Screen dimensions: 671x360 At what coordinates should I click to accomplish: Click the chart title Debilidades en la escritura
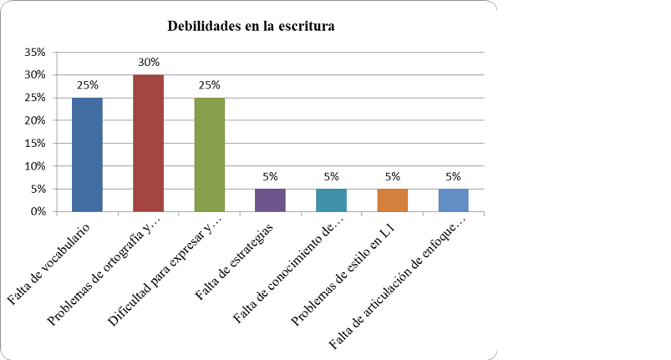pyautogui.click(x=251, y=26)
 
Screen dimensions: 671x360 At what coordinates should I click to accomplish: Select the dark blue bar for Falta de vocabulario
pyautogui.click(x=87, y=155)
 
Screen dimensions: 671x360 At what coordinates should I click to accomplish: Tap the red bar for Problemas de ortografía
pyautogui.click(x=149, y=143)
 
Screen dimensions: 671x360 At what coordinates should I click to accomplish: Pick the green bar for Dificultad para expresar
pyautogui.click(x=210, y=155)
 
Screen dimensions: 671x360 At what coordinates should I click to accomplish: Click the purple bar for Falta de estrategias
pyautogui.click(x=271, y=200)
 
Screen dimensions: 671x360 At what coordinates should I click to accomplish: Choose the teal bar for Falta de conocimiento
pyautogui.click(x=332, y=200)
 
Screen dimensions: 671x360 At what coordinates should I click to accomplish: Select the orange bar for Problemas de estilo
pyautogui.click(x=393, y=200)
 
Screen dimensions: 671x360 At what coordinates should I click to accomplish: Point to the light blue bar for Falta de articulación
pyautogui.click(x=454, y=200)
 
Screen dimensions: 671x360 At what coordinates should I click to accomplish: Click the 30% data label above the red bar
pyautogui.click(x=149, y=63)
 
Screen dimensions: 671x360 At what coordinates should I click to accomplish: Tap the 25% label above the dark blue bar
pyautogui.click(x=87, y=85)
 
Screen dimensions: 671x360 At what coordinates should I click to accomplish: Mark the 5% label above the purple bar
pyautogui.click(x=271, y=176)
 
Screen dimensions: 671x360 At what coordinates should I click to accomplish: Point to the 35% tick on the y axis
pyautogui.click(x=34, y=52)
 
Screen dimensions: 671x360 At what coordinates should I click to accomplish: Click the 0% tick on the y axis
pyautogui.click(x=38, y=211)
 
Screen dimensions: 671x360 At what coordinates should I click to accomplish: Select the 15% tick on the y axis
pyautogui.click(x=34, y=143)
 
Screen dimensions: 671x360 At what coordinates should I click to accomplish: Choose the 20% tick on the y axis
pyautogui.click(x=34, y=120)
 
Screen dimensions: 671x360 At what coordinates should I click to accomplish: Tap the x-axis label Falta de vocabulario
pyautogui.click(x=48, y=264)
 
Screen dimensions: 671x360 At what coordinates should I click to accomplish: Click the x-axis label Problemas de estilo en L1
pyautogui.click(x=343, y=274)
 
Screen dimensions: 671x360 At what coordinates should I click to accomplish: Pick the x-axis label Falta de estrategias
pyautogui.click(x=234, y=261)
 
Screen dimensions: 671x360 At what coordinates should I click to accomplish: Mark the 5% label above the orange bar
pyautogui.click(x=393, y=176)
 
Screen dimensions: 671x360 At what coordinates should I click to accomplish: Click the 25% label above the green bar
pyautogui.click(x=209, y=85)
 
